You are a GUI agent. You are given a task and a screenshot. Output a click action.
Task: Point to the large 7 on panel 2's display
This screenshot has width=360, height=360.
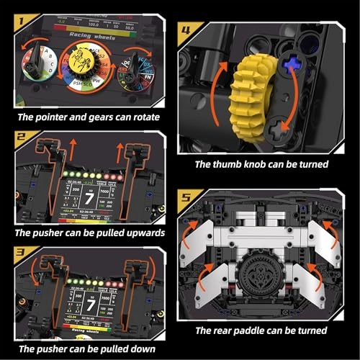point(90,197)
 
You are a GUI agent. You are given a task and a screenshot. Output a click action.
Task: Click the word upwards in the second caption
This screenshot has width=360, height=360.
point(141,233)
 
